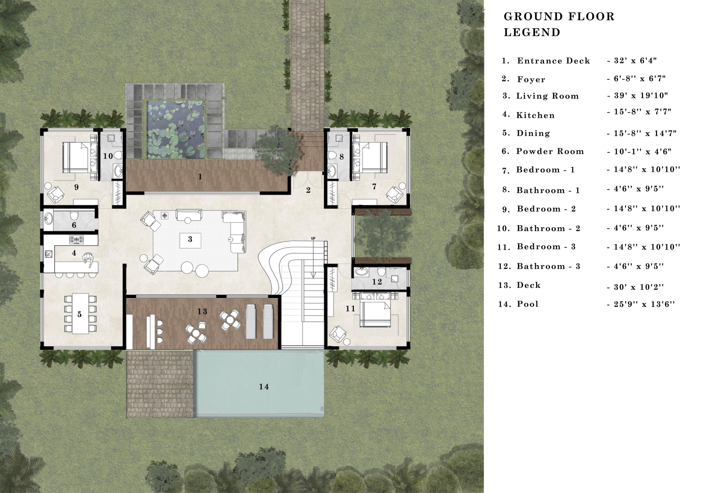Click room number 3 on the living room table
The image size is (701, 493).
coord(190,239)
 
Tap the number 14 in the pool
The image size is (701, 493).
coord(264,387)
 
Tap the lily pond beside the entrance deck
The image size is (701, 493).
coord(176,130)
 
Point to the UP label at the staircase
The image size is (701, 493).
coord(313,238)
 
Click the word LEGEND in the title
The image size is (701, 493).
coord(532,32)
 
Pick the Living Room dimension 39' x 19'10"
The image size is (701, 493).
coord(637,96)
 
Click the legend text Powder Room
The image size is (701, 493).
coord(550,151)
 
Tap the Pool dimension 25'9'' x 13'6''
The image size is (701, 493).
coord(640,304)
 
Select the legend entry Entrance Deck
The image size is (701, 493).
coord(553,61)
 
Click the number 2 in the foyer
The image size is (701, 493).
coord(308,190)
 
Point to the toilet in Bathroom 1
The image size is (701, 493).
coord(331,156)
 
